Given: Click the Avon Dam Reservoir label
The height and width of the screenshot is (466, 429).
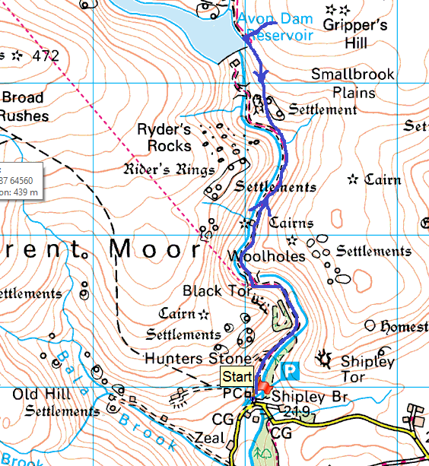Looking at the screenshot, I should [x=273, y=27].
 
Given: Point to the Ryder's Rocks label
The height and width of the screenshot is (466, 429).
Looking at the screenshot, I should [x=163, y=137].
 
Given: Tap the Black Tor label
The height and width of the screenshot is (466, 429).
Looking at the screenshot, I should [x=212, y=291].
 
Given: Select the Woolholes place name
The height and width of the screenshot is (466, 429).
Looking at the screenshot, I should [x=266, y=256].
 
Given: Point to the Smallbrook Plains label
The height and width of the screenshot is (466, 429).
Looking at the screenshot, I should [x=353, y=84].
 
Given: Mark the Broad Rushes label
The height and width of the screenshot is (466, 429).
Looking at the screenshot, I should [x=25, y=106].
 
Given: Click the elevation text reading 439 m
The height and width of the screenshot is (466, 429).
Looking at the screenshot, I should [x=21, y=192].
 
